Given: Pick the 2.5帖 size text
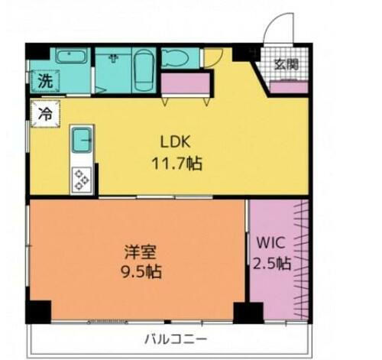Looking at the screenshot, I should [271, 264].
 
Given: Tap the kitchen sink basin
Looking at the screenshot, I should [82, 141].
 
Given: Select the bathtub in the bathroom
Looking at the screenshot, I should [144, 73].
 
